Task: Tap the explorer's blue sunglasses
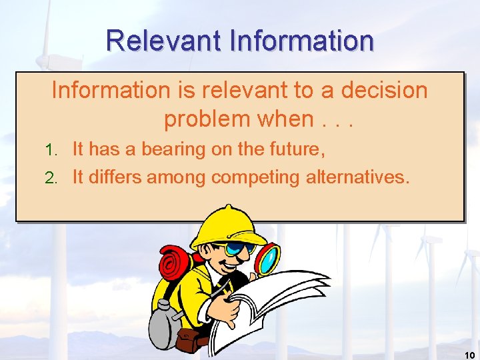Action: [241, 249]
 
